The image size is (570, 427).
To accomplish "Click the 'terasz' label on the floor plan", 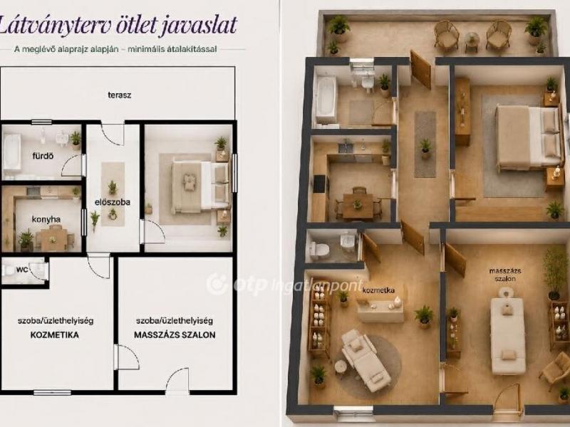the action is pos(119,95).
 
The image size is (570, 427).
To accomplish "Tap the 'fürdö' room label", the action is pos(43,156).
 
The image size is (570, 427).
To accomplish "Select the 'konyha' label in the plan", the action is pos(46,219).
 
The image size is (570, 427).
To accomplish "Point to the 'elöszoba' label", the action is pos(113,202).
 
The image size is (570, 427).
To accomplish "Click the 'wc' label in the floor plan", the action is pos(22,270).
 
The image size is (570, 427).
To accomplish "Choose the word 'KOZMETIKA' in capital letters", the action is pos(55,334).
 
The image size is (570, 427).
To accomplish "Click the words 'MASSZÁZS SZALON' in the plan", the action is pos(175,334).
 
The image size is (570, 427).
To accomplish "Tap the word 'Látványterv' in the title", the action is pos(54,26).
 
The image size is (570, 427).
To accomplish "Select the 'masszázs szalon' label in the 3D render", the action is pos(505,275).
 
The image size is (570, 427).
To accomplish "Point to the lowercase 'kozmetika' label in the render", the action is pos(378,290).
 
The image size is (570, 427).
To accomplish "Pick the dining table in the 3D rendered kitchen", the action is pos(358,206).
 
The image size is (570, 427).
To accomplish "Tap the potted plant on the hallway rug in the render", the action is pos(425,148).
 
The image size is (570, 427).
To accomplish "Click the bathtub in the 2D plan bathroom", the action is pos(11,152).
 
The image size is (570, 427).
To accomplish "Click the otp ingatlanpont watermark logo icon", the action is pos(217,284).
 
